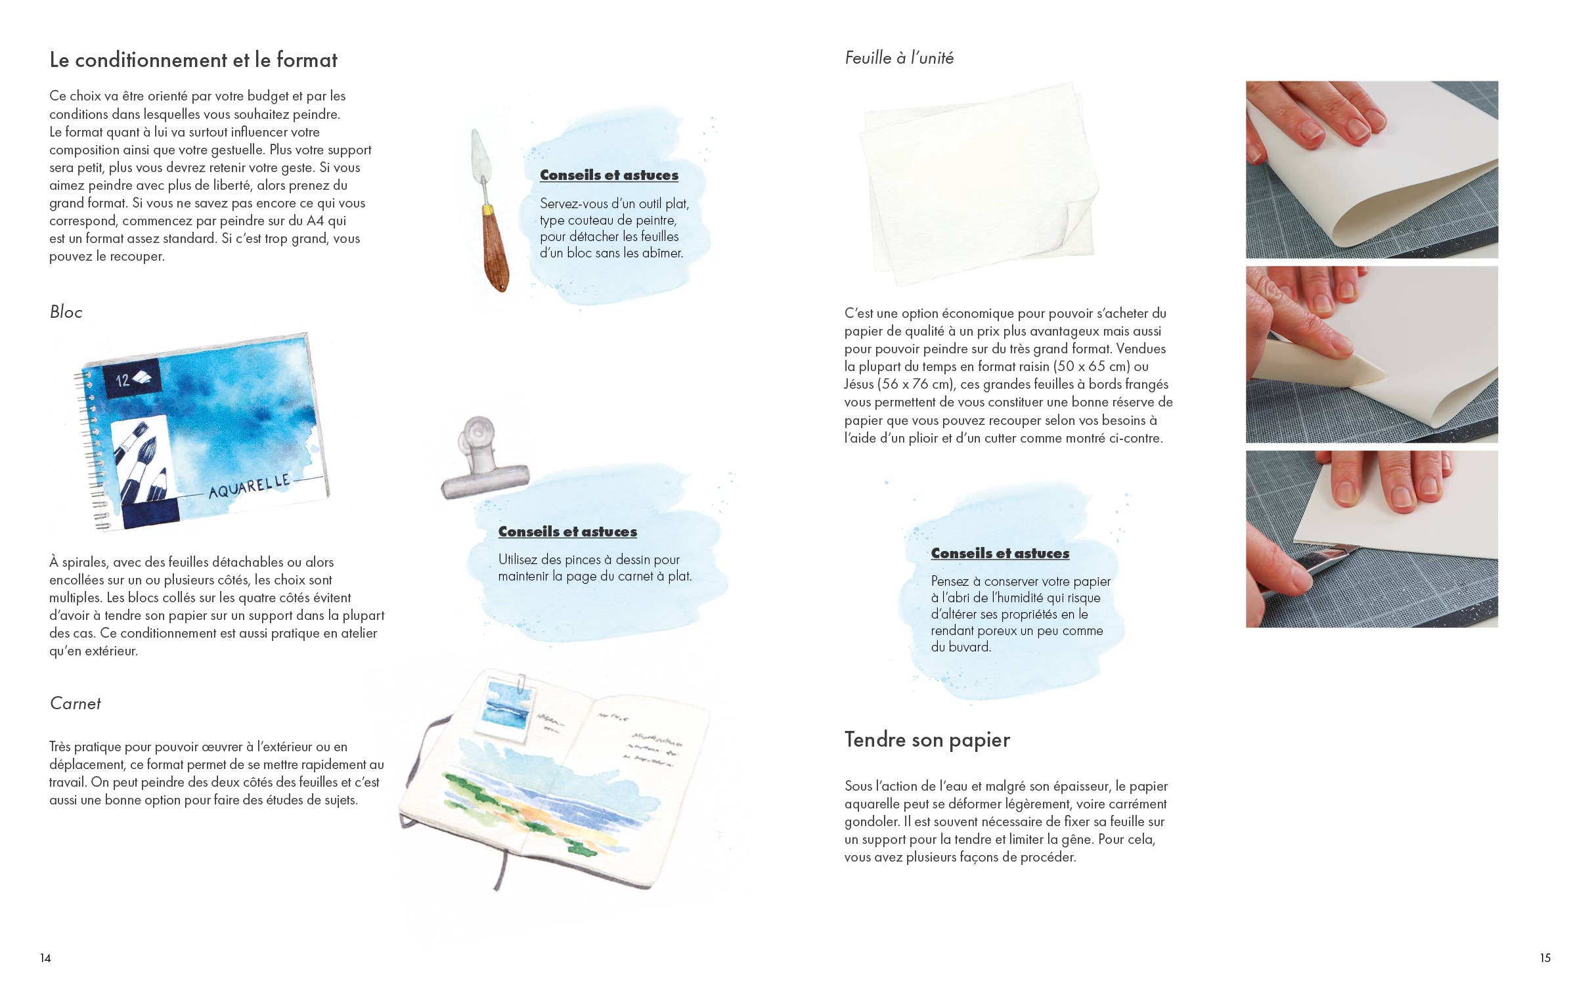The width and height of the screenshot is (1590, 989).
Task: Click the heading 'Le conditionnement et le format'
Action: (193, 60)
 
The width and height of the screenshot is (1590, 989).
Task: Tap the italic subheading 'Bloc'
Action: (66, 312)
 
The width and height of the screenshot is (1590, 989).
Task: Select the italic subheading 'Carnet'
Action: (75, 703)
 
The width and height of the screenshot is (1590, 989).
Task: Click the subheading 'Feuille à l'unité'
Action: (898, 58)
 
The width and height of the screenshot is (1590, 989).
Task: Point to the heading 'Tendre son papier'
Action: (927, 739)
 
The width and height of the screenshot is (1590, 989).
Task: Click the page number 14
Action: (45, 958)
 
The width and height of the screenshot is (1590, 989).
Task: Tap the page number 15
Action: (1545, 958)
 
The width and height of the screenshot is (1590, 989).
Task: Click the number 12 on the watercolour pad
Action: (123, 380)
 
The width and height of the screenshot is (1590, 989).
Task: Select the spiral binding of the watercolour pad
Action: (91, 447)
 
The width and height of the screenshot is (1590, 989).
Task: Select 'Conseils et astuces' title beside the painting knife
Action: (609, 175)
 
